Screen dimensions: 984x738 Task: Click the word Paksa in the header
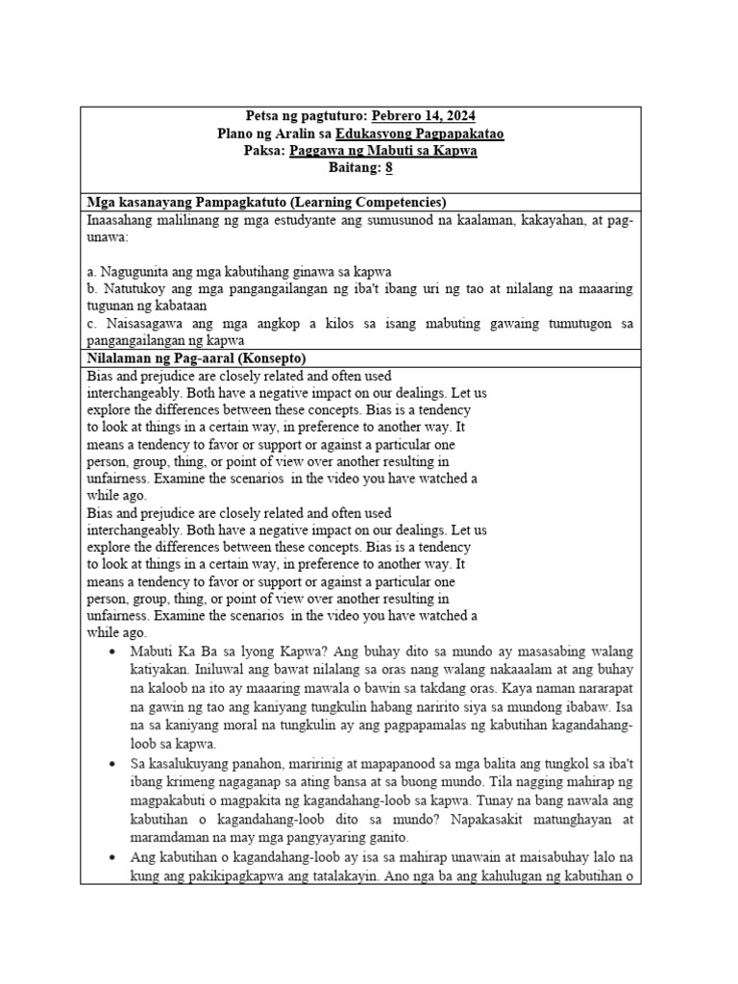pos(264,151)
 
